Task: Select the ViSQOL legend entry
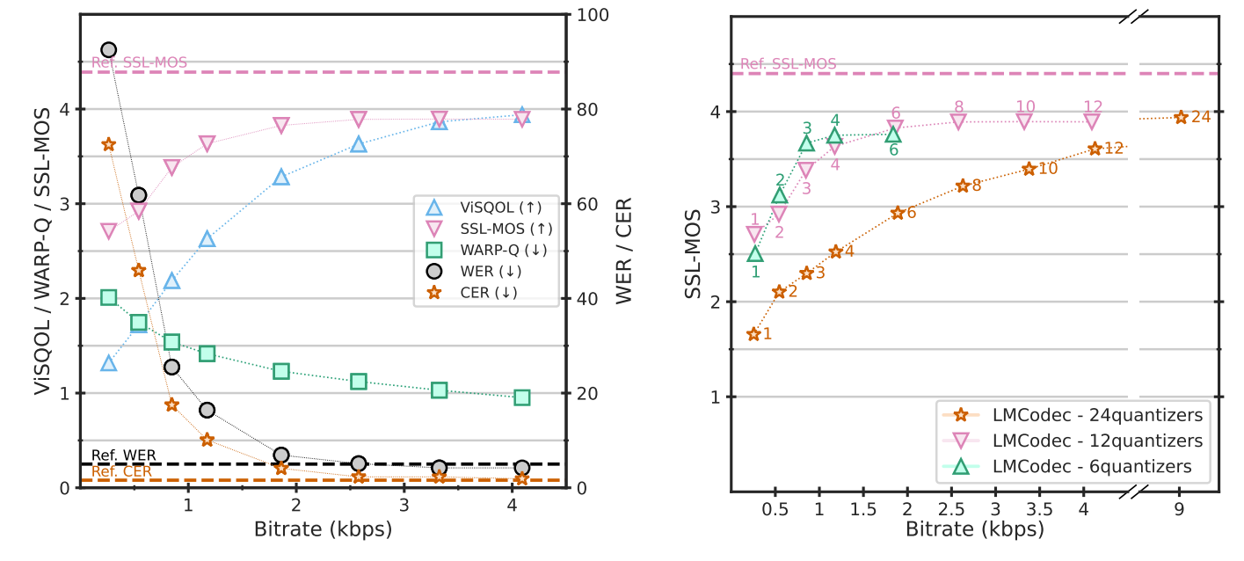(x=479, y=208)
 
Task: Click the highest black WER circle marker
(x=109, y=50)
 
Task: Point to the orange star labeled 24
(x=1181, y=117)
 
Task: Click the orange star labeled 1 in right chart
(x=753, y=334)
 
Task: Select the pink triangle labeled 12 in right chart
(x=1092, y=121)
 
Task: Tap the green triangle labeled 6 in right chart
(x=893, y=135)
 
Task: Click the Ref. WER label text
(x=124, y=455)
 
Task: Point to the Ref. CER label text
(x=121, y=471)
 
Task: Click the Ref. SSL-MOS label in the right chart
(x=788, y=64)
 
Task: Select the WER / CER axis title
(x=623, y=251)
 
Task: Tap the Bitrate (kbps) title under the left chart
(x=323, y=530)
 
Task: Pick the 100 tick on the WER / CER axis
(x=588, y=15)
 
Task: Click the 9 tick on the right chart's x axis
(x=1179, y=510)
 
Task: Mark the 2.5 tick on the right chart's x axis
(x=951, y=510)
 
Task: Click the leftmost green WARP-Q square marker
(x=109, y=298)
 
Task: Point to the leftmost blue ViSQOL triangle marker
(x=109, y=362)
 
